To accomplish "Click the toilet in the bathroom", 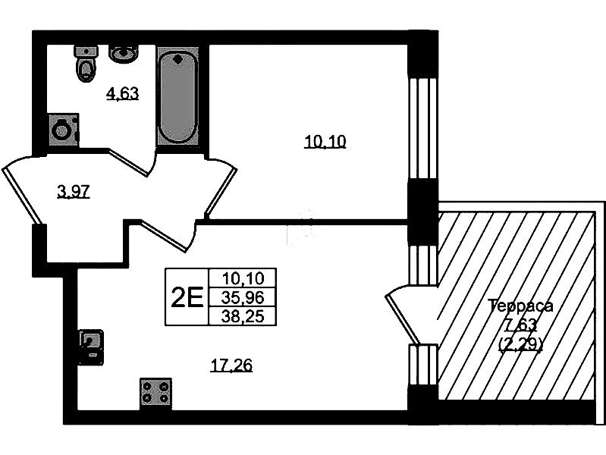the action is click(86, 64).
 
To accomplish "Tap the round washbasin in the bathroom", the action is click(123, 54).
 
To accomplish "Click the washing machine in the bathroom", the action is click(63, 130).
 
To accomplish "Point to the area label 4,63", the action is click(123, 94).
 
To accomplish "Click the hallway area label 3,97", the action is click(74, 191).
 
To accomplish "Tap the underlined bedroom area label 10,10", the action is click(325, 142).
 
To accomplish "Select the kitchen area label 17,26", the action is click(231, 365).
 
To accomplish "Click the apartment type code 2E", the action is click(187, 298).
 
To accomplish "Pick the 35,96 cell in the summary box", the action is click(243, 297).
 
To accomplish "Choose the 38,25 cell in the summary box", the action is click(243, 317).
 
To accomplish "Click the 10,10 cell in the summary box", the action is click(243, 278).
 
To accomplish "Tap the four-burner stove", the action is click(155, 392).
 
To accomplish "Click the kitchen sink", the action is click(91, 347).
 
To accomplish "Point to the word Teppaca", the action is click(521, 306).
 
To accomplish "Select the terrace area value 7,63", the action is click(521, 325).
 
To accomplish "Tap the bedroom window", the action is click(423, 128).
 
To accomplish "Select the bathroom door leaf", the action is click(129, 162).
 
